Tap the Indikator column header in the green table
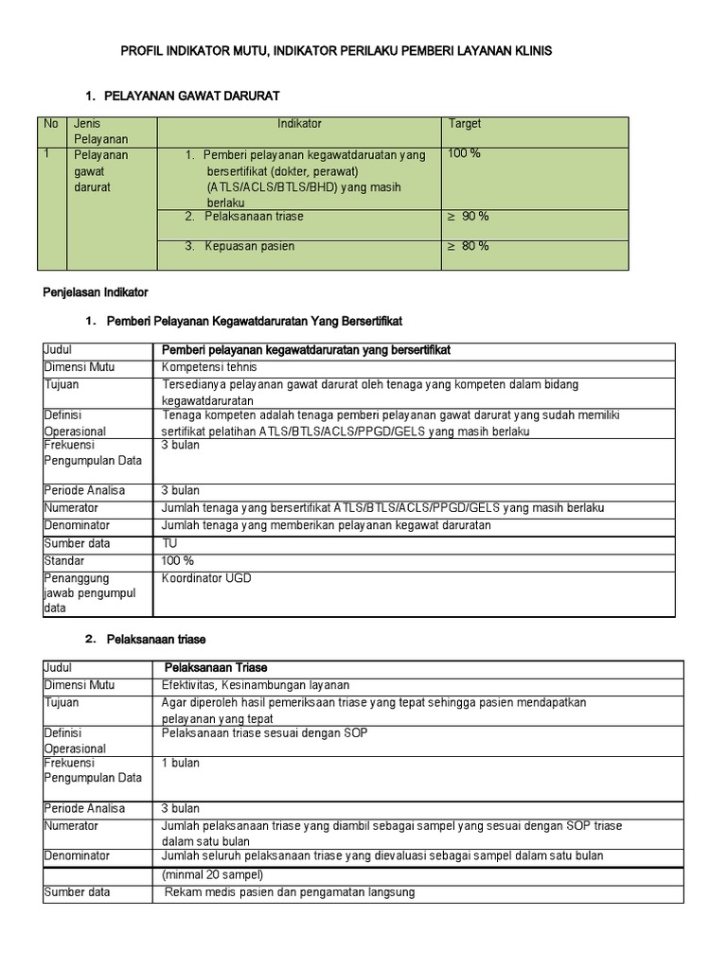point(299,124)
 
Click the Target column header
point(465,124)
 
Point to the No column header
point(51,124)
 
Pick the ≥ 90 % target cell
point(468,217)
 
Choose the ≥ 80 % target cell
point(468,246)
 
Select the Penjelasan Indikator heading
point(94,291)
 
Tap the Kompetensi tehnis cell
point(209,366)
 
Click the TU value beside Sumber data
point(170,543)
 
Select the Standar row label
point(64,560)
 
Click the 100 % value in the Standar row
point(178,560)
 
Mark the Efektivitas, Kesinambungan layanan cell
point(256,685)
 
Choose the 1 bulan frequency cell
point(180,763)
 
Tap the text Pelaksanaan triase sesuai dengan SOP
point(265,733)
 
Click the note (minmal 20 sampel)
point(213,874)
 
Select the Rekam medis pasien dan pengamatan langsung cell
point(290,892)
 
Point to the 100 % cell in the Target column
point(464,153)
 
